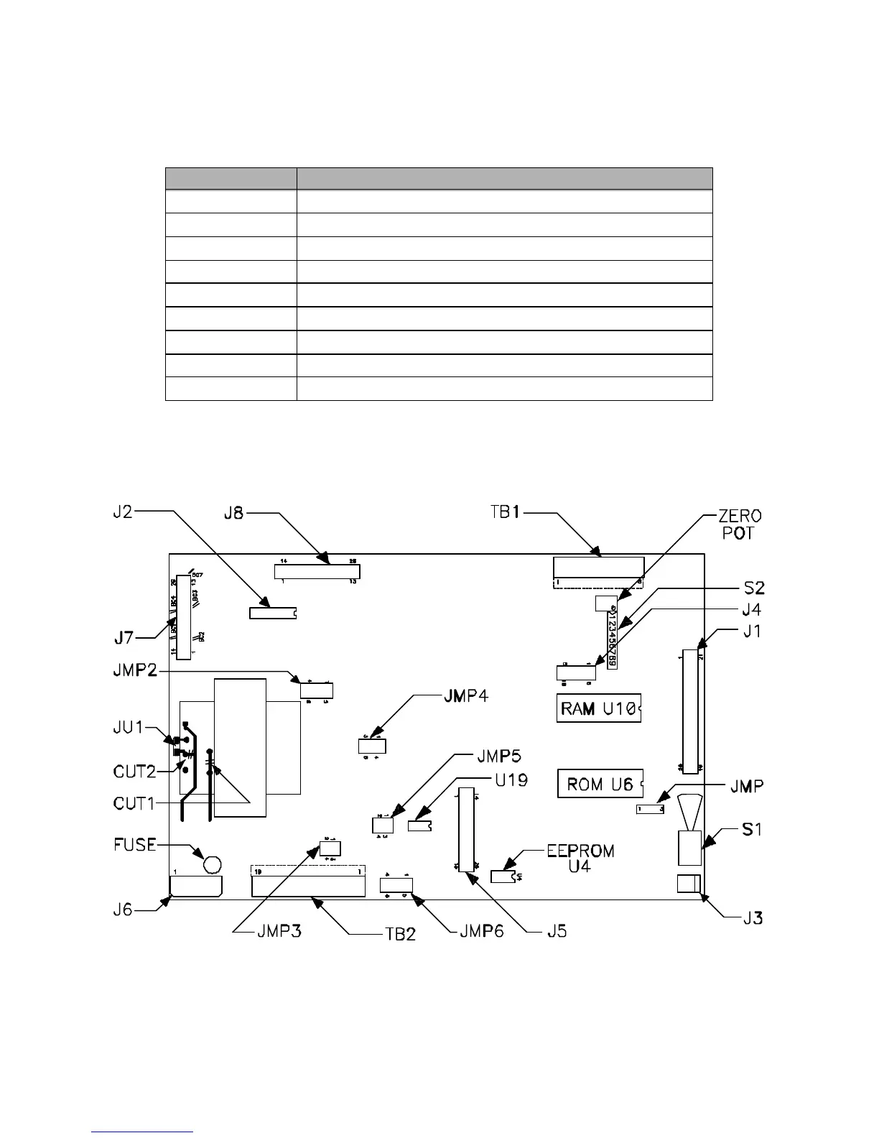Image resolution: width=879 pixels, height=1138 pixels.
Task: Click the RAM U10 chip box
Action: point(598,708)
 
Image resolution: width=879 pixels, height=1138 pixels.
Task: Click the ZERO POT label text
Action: point(740,524)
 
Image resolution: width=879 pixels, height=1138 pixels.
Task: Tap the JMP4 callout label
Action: point(463,695)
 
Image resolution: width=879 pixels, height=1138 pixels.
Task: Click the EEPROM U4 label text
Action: point(580,859)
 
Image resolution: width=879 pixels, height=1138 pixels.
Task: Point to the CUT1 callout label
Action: point(135,803)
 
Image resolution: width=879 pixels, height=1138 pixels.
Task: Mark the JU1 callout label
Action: point(129,728)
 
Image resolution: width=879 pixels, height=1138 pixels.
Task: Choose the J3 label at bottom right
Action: point(753,917)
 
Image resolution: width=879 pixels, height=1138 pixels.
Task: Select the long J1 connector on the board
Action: point(690,711)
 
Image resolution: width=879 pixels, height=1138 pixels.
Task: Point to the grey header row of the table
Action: point(439,178)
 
